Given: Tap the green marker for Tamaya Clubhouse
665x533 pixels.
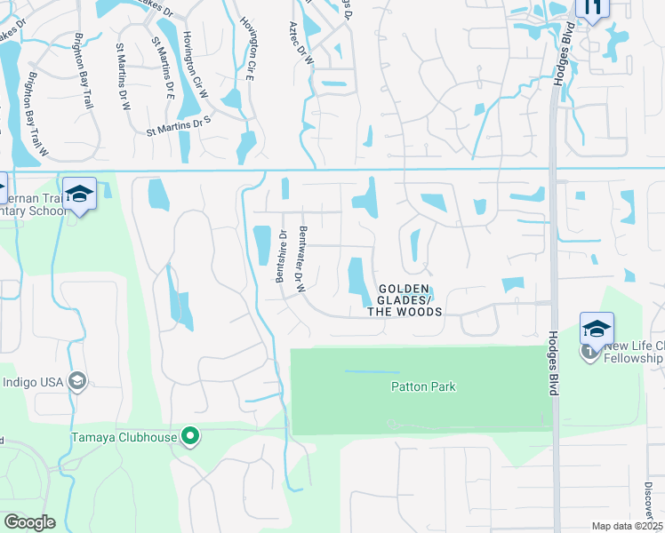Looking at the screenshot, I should [188, 436].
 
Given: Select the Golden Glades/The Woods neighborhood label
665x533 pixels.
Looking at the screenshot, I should [405, 300].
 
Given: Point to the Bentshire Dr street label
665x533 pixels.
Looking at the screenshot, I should [281, 256].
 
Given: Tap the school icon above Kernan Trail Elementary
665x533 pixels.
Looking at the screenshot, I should [79, 195].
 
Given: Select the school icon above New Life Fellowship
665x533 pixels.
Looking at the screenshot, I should [596, 328].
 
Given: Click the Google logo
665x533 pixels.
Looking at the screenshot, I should [28, 521].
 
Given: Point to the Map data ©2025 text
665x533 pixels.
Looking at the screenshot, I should [626, 526].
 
